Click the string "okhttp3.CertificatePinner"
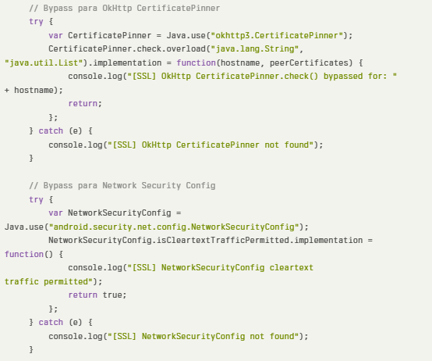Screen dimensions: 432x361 tap(278, 36)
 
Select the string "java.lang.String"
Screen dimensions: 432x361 tap(255, 49)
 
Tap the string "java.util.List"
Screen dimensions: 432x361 tap(44, 63)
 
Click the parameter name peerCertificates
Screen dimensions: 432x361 tap(309, 63)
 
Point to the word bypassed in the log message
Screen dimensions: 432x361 tap(343, 76)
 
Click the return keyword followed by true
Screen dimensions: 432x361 tap(83, 295)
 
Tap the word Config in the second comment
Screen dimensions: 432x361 tap(200, 185)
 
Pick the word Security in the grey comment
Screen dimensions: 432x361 tap(161, 185)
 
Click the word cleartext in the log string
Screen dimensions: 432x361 tap(292, 268)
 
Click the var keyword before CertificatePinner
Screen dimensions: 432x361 tap(55, 36)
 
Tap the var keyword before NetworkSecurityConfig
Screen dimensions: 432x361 tap(55, 213)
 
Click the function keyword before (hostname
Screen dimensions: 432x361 tap(196, 63)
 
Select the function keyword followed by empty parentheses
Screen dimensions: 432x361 tap(24, 254)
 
